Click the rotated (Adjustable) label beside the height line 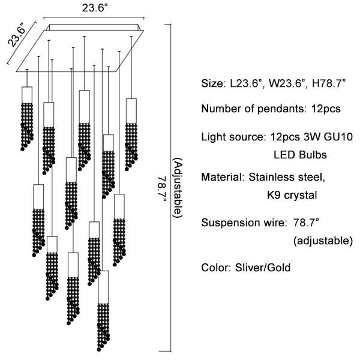point(177,188)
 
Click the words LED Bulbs point(300,155)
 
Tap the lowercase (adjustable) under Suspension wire point(323,241)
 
